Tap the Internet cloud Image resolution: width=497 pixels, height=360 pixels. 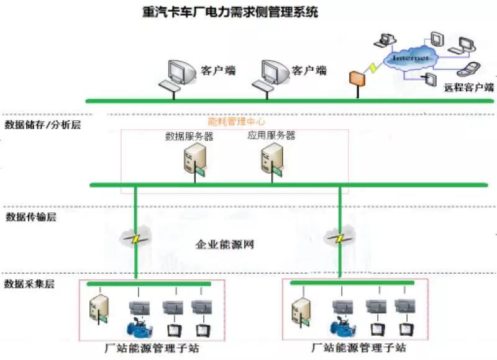(410, 58)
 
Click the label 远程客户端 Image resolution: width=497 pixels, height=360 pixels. (469, 88)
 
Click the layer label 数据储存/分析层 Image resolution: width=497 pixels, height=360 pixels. (42, 124)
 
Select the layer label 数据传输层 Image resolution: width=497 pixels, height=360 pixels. (30, 217)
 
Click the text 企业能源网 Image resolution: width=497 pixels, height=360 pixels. (226, 244)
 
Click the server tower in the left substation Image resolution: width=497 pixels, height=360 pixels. (99, 310)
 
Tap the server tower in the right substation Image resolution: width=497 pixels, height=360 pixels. (302, 310)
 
